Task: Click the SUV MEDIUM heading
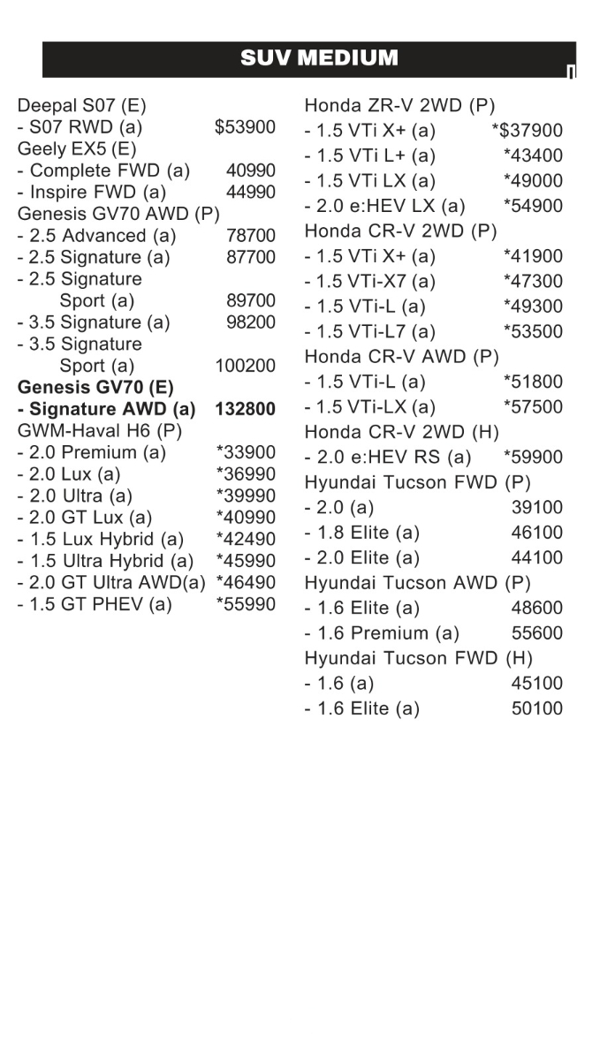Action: click(x=319, y=59)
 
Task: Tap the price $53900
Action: click(x=245, y=127)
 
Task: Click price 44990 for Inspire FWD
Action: click(x=250, y=192)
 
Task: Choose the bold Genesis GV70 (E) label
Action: click(x=95, y=387)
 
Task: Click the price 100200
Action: click(x=245, y=366)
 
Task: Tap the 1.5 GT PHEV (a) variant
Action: click(x=95, y=604)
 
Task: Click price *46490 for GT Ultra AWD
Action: click(x=246, y=583)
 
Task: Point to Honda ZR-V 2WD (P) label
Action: click(x=399, y=106)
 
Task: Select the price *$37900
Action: click(x=527, y=131)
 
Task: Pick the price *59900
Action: click(x=533, y=458)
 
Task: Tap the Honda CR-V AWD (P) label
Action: click(x=401, y=357)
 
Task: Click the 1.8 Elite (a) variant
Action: click(x=362, y=533)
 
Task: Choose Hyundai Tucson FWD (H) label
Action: click(x=419, y=658)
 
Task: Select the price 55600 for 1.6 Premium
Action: click(x=536, y=633)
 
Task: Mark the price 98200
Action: click(x=250, y=322)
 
